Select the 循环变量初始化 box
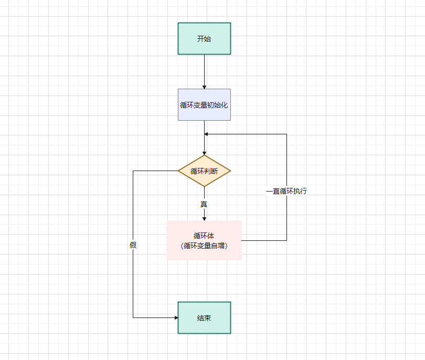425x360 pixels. [204, 104]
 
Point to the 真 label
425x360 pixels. [204, 204]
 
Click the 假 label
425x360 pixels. [133, 245]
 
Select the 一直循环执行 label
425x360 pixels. [286, 191]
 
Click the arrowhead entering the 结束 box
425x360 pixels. [175, 317]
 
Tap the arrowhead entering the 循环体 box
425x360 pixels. [204, 218]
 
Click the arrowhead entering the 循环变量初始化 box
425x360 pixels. [204, 86]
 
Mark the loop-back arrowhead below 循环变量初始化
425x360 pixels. [207, 134]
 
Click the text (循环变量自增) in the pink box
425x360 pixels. [204, 245]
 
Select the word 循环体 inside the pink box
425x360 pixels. [204, 236]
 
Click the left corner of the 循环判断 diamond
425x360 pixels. [179, 171]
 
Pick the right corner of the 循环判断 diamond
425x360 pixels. [230, 171]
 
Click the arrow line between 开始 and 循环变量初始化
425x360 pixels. [204, 71]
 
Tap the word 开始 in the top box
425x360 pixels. [204, 38]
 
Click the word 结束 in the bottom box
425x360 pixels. [204, 317]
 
